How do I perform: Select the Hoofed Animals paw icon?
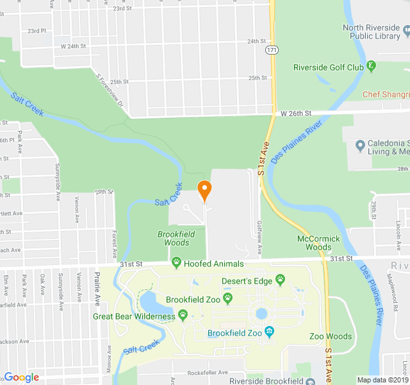(176, 263)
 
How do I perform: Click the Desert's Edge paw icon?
(280, 280)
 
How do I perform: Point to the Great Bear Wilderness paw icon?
(183, 316)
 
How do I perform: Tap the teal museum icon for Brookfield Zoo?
(269, 332)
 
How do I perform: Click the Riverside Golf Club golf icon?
(371, 67)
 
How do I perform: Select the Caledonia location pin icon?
(360, 147)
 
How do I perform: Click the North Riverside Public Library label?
(372, 32)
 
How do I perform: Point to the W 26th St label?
(296, 113)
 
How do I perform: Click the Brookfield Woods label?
(173, 239)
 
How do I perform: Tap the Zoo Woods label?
(330, 336)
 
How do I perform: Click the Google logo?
(22, 378)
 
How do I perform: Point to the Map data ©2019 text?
(382, 380)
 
